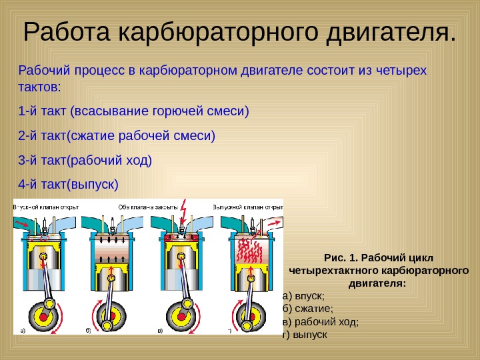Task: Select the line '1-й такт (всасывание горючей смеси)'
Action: click(133, 111)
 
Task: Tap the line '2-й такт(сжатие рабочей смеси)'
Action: click(117, 137)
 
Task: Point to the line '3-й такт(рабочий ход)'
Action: click(85, 161)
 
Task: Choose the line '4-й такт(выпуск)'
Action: click(68, 184)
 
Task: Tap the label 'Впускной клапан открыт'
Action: click(46, 207)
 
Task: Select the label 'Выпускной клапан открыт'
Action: click(247, 207)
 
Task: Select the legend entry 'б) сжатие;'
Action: click(307, 308)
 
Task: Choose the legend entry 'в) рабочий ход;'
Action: click(320, 321)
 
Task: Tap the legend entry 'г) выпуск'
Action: click(305, 333)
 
